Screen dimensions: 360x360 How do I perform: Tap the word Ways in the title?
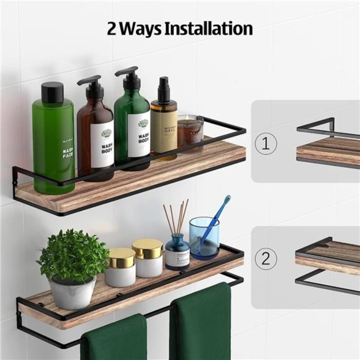coord(140,29)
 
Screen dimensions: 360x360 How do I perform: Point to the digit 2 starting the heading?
coord(112,29)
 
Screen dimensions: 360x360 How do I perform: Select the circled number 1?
coord(266,144)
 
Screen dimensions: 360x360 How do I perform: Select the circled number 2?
coord(266,259)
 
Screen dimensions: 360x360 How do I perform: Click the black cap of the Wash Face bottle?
coord(53,92)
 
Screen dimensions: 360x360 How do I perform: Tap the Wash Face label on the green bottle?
coord(66,149)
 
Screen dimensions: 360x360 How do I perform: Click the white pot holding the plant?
coord(73,291)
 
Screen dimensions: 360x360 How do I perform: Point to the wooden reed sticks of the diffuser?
coord(176,217)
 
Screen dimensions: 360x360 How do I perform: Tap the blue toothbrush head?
coord(225,202)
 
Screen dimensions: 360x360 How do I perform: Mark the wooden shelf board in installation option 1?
coord(328,151)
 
